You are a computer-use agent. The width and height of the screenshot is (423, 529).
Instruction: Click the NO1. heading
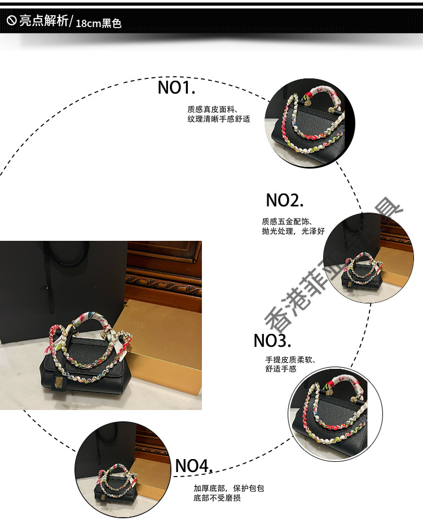[x=176, y=88]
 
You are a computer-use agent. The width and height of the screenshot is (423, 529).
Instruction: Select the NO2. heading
[x=285, y=200]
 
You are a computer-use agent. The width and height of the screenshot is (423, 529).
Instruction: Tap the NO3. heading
[x=272, y=341]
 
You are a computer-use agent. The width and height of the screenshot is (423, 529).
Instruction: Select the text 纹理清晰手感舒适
[x=218, y=120]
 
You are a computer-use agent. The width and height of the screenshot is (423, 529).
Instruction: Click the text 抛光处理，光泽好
[x=293, y=232]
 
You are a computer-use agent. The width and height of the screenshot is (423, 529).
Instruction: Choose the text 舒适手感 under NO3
[x=280, y=369]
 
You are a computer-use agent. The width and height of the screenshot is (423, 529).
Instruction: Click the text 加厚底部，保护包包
[x=228, y=488]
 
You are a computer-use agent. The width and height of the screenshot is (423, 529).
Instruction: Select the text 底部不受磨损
[x=217, y=499]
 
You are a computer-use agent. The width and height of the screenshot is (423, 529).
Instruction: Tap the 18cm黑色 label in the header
[x=99, y=24]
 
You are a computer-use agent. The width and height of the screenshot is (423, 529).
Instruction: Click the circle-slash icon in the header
[x=11, y=21]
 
